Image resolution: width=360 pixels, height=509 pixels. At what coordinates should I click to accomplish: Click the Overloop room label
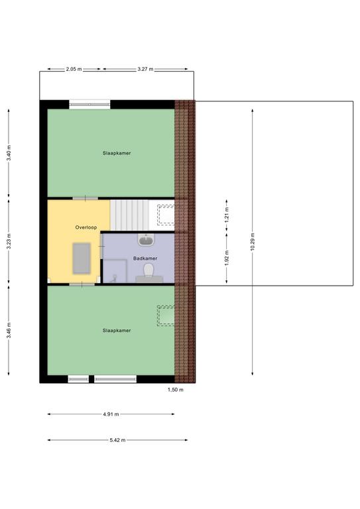coord(86,227)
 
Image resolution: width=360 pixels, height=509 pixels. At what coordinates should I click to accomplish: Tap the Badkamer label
coord(145,258)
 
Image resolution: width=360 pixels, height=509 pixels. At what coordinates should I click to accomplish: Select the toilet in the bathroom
coord(149,272)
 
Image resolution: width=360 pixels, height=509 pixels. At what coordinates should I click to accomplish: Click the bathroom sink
coord(147,239)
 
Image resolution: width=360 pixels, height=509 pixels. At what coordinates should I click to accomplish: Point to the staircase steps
coord(129,215)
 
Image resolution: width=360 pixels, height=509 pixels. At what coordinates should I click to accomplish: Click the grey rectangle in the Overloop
coord(82,258)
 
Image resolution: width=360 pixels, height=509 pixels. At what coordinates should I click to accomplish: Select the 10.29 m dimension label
coord(253,241)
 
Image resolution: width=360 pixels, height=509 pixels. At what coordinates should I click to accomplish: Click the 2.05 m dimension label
coord(74,69)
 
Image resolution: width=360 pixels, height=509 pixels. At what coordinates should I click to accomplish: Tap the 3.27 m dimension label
coord(145,69)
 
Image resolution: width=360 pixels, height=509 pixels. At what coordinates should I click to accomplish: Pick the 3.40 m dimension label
coord(9,152)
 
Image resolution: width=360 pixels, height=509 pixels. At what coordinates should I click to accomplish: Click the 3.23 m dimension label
coord(9,241)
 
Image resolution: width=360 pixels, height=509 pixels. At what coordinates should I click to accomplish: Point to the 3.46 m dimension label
coord(9,330)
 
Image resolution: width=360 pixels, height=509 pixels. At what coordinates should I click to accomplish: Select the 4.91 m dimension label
coord(111,414)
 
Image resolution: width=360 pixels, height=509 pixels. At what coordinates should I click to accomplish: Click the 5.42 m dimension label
coord(117,440)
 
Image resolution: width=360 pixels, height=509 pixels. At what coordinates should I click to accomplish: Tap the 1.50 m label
coord(175,390)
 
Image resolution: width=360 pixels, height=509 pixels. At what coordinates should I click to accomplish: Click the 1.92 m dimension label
coord(227,258)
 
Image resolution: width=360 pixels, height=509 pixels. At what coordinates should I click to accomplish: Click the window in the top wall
coord(90,104)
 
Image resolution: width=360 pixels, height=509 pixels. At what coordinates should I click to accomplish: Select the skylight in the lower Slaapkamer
coord(166,315)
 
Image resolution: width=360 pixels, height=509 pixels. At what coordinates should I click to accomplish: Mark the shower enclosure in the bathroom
coord(115,270)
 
